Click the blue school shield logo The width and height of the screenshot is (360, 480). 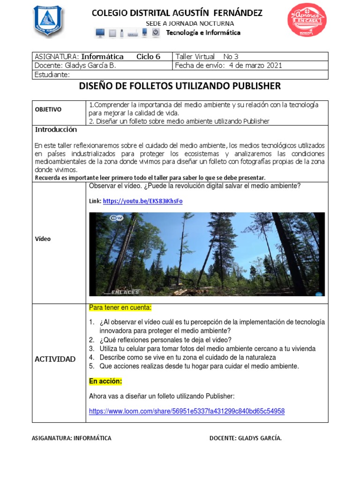coord(48,21)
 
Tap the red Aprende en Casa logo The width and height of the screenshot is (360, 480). coord(307,20)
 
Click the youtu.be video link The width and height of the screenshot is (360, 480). coord(142,201)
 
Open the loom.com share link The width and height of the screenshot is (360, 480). coord(187,411)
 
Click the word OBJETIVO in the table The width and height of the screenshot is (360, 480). coord(48,109)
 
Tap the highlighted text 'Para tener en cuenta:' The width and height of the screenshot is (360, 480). coord(120,307)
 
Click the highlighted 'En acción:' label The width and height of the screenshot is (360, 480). coord(105,381)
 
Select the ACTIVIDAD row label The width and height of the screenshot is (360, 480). coord(55,359)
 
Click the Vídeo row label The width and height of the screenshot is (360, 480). coord(43,239)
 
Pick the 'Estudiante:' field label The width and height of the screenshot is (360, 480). coord(52,74)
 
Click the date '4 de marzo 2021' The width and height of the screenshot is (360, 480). coord(255,65)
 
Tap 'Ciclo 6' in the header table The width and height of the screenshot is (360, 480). coord(148,56)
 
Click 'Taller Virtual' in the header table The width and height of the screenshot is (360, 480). coord(195,56)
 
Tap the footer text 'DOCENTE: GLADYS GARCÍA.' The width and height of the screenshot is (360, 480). coord(245,438)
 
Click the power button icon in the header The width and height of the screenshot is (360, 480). coord(156,32)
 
